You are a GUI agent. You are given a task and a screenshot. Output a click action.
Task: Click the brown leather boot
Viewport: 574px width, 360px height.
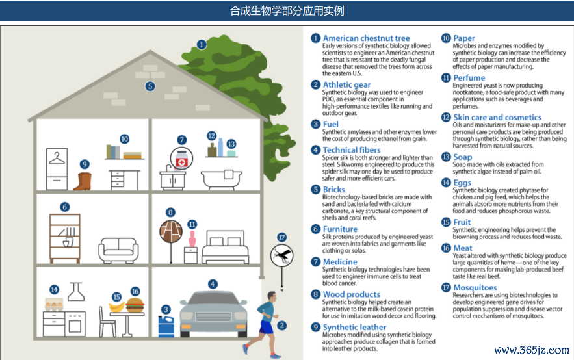(83, 181)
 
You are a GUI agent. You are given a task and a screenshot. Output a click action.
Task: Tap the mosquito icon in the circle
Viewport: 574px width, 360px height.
(282, 255)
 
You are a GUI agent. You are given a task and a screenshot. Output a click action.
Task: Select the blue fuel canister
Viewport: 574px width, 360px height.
(166, 326)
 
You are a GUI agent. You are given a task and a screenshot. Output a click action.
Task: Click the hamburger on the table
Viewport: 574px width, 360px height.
(135, 305)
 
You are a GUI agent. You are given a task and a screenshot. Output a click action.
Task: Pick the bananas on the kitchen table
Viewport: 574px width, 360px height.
(117, 307)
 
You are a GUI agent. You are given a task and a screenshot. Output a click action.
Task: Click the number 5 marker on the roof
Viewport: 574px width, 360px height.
(150, 86)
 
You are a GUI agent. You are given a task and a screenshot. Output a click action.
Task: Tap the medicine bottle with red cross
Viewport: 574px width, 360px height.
(181, 159)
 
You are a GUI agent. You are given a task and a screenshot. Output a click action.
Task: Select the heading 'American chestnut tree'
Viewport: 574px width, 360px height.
(366, 38)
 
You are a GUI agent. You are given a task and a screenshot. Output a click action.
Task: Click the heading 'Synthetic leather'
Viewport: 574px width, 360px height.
(354, 327)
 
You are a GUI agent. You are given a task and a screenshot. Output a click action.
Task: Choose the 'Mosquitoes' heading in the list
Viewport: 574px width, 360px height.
(475, 288)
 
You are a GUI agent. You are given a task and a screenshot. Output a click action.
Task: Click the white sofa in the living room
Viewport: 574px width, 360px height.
(118, 250)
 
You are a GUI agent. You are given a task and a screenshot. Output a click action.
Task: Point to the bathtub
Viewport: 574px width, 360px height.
(222, 179)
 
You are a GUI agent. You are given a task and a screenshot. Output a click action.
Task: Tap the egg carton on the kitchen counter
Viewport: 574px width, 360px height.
(54, 304)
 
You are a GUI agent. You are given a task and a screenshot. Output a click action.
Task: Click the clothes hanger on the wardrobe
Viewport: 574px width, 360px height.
(57, 159)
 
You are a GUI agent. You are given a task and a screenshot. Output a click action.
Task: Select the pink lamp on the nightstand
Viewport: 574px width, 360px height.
(192, 238)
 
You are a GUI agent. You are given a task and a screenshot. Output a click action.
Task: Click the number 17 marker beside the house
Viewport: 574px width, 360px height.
(281, 237)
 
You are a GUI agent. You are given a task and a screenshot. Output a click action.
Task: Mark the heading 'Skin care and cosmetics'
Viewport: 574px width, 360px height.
(497, 118)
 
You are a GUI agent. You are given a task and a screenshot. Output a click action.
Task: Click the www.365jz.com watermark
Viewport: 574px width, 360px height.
(532, 350)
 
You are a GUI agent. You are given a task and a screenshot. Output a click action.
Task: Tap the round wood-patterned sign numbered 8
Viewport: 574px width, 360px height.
(171, 231)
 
